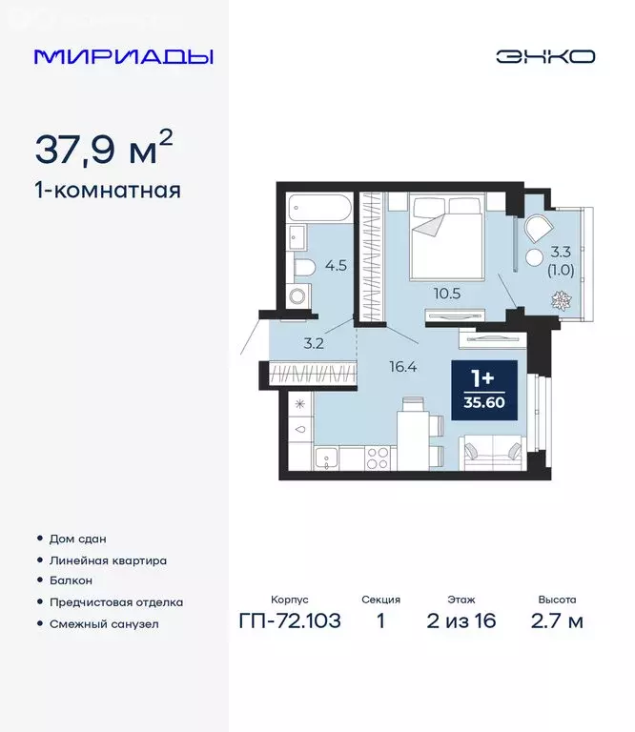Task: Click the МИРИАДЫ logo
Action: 123,56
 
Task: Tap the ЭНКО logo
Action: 544,56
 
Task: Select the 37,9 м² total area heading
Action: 104,149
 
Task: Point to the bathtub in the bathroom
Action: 320,208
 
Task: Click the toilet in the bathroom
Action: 303,268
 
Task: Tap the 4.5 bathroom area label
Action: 337,266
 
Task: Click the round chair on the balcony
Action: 536,229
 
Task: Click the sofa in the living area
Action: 492,451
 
